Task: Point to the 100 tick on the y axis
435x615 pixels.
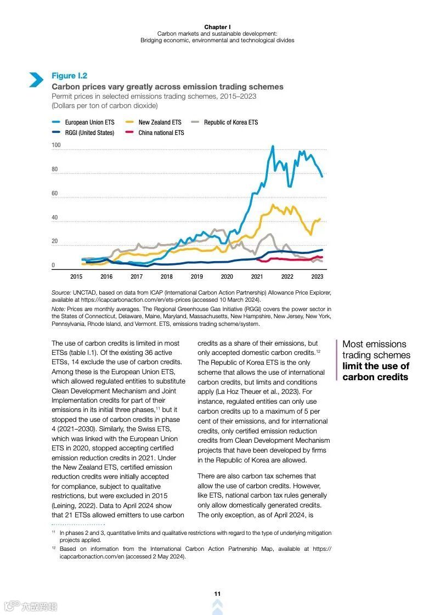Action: point(56,145)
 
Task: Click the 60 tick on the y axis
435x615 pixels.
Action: point(55,194)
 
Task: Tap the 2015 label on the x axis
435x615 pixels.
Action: point(76,277)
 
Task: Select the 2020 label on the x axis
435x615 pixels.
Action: point(227,277)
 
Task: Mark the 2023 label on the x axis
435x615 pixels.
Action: point(317,277)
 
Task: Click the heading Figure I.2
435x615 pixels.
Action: point(69,76)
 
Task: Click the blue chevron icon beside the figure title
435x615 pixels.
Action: point(36,80)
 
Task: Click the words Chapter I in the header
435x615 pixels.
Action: point(217,27)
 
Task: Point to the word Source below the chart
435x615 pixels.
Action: point(61,293)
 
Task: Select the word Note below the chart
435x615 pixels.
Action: point(58,309)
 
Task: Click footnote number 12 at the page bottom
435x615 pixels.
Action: point(54,549)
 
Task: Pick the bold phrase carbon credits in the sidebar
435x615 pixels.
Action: point(375,377)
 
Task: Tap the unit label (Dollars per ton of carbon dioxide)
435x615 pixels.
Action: point(104,105)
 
